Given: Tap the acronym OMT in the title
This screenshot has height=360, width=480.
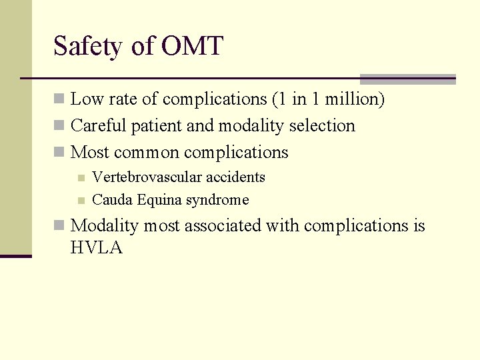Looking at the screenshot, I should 192,46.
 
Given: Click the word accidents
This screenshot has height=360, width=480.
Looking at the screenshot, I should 235,177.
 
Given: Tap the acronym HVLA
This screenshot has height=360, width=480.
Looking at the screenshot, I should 96,249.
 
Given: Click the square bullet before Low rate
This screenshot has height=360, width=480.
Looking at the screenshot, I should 59,99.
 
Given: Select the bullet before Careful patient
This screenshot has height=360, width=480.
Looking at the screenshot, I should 59,126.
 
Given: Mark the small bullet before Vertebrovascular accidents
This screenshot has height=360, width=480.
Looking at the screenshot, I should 81,178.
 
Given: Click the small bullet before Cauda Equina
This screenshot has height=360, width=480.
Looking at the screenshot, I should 81,201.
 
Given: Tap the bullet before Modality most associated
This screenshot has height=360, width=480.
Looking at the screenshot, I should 59,226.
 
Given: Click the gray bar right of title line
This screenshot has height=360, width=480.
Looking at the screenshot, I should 407,79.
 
